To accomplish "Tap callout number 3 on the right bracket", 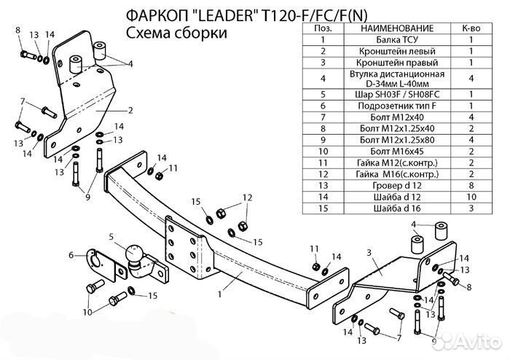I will tap(369, 253).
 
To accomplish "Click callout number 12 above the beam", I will tap(247, 197).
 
